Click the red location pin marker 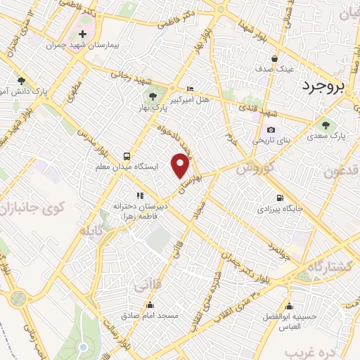pyautogui.click(x=181, y=165)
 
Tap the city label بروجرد pyautogui.click(x=326, y=86)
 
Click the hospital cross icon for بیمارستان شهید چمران pyautogui.click(x=83, y=34)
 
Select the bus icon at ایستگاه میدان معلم pyautogui.click(x=127, y=155)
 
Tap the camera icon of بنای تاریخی pyautogui.click(x=271, y=130)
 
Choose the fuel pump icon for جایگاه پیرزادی pyautogui.click(x=281, y=198)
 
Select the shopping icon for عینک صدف pyautogui.click(x=275, y=58)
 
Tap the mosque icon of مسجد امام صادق pyautogui.click(x=150, y=304)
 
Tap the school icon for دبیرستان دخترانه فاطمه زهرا pyautogui.click(x=139, y=195)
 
